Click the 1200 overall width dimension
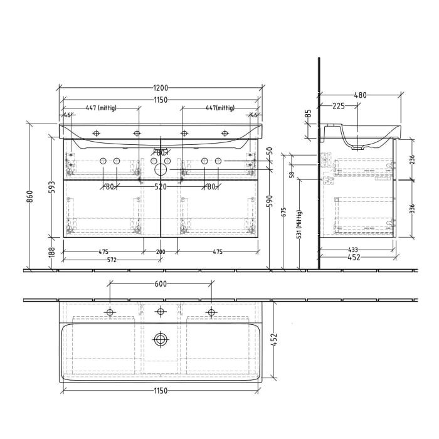160,88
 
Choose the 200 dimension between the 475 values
161,251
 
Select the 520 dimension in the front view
161,186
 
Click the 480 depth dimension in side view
360,95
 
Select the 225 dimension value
339,106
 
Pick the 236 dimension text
411,160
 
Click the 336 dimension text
411,208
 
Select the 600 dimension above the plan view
160,283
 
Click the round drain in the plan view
161,340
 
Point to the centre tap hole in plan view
161,312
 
